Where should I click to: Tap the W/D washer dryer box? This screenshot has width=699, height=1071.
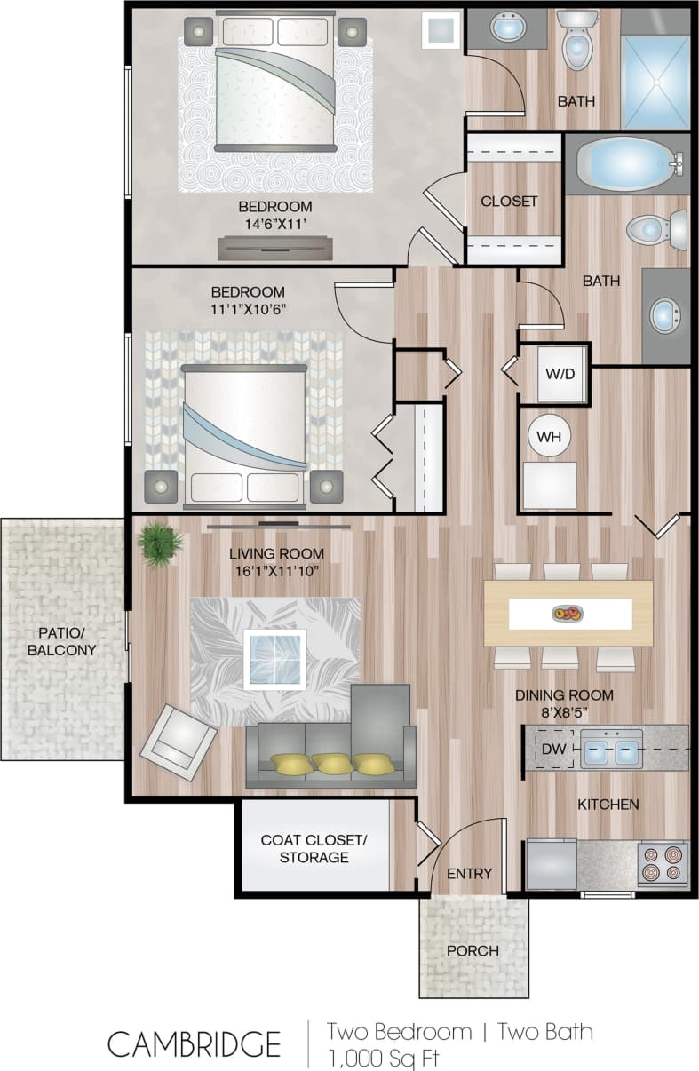(560, 373)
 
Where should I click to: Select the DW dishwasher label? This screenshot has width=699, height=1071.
(553, 749)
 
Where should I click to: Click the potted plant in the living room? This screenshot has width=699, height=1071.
(160, 543)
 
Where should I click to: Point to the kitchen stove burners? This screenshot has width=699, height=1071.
(663, 864)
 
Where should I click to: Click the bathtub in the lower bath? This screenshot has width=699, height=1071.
(627, 164)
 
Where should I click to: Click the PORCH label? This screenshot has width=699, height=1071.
(473, 950)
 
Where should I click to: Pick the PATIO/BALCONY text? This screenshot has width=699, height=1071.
(61, 641)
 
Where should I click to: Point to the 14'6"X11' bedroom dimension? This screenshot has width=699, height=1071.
(274, 226)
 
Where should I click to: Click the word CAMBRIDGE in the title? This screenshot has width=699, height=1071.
(195, 1044)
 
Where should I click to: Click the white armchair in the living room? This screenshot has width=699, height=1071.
(178, 741)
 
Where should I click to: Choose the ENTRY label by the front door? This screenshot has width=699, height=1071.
(469, 874)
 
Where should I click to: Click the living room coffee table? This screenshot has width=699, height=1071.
(274, 658)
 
